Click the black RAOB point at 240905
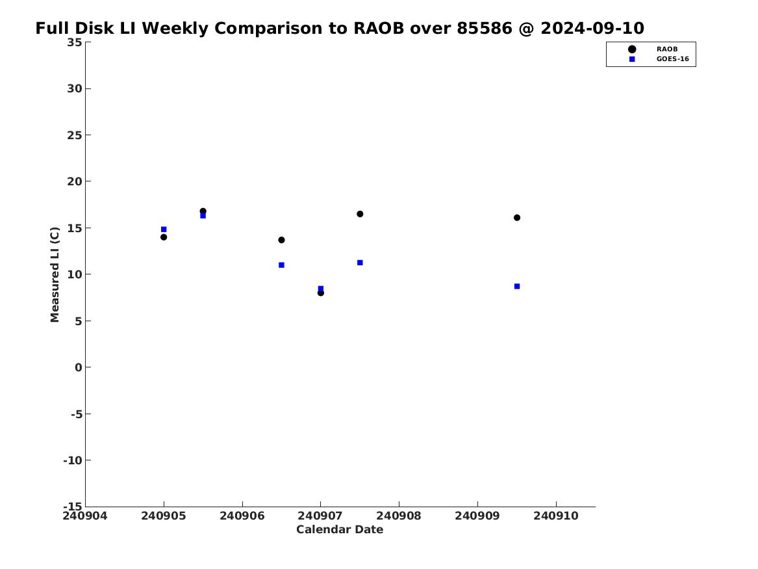click(164, 237)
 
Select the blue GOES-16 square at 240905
click(164, 230)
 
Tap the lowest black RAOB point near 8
click(320, 293)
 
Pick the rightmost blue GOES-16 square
click(517, 286)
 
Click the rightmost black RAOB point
click(517, 218)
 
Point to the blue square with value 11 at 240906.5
click(281, 265)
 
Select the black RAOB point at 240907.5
click(360, 214)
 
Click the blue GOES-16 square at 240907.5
click(360, 263)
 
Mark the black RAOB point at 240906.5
click(281, 240)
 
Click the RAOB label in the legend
click(667, 49)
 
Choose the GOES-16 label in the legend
click(672, 59)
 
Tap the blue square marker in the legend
click(632, 59)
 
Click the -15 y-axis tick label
click(73, 506)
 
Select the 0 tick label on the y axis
click(79, 367)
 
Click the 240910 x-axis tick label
click(556, 516)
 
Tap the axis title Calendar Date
click(340, 529)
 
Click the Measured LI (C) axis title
click(55, 274)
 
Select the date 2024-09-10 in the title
click(592, 28)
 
